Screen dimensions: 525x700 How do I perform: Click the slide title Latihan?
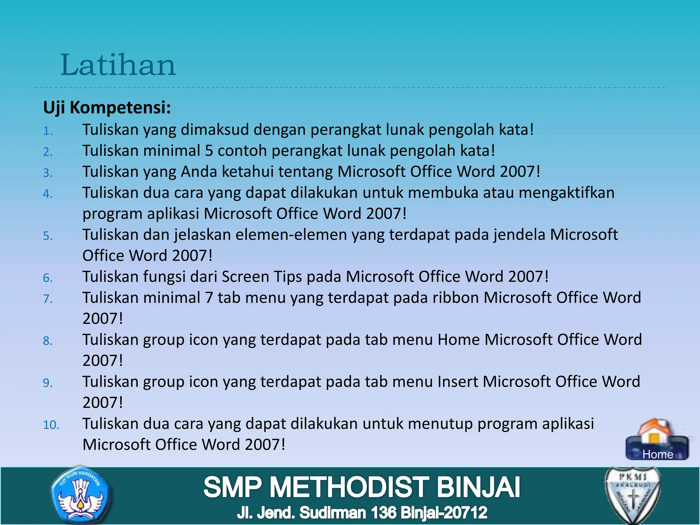click(118, 65)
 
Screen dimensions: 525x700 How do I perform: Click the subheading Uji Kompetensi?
click(107, 108)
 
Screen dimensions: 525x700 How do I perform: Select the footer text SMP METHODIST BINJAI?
click(362, 487)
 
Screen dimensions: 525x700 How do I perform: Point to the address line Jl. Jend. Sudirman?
click(362, 513)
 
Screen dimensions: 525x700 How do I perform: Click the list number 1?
click(48, 131)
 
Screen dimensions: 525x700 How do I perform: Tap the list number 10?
click(51, 425)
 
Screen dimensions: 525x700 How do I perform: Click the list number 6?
click(48, 278)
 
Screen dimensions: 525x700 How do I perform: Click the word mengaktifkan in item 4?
click(566, 193)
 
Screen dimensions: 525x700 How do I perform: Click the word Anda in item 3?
click(199, 172)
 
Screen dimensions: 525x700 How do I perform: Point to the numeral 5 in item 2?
click(209, 151)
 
